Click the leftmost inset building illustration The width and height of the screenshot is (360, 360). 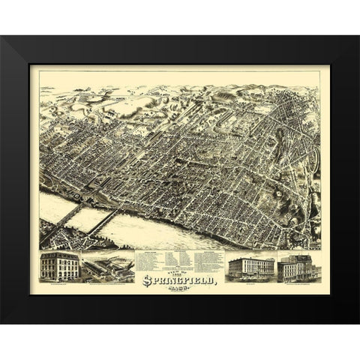[x=59, y=266]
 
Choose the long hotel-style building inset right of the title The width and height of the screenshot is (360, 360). [x=250, y=269]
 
